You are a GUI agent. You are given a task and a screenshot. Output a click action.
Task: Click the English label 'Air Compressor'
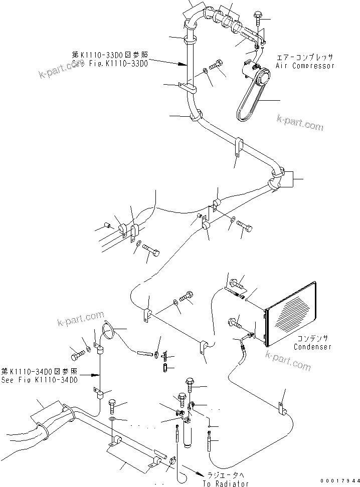coord(305,66)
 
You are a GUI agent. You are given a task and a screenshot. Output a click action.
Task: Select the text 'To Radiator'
coord(227,483)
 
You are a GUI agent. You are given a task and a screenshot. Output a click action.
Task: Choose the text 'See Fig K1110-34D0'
coord(39,380)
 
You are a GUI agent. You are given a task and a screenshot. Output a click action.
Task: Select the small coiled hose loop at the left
coord(109,331)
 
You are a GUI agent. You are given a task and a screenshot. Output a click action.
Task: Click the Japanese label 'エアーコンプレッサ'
coord(305,58)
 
